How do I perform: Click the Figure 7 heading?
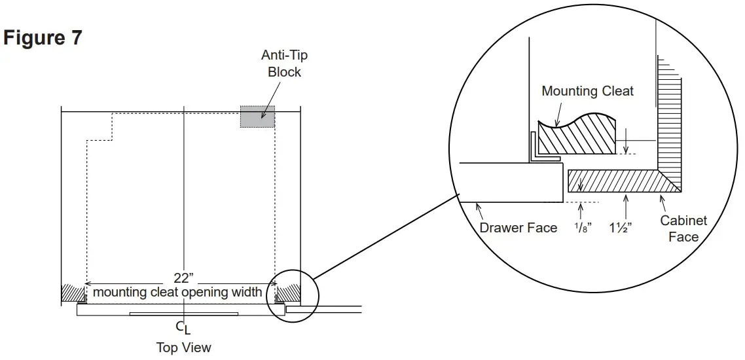tap(43, 38)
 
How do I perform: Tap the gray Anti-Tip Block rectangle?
tap(257, 117)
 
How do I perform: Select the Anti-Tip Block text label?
tap(285, 63)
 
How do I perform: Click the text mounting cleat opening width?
tap(177, 292)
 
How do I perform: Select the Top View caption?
tap(184, 347)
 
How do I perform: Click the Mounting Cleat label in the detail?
tap(587, 91)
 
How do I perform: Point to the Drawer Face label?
tap(518, 228)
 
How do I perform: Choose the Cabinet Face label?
tap(683, 228)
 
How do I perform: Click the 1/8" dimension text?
tap(582, 228)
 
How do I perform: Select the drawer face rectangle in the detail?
tap(511, 181)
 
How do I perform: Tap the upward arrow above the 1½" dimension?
tap(627, 206)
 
